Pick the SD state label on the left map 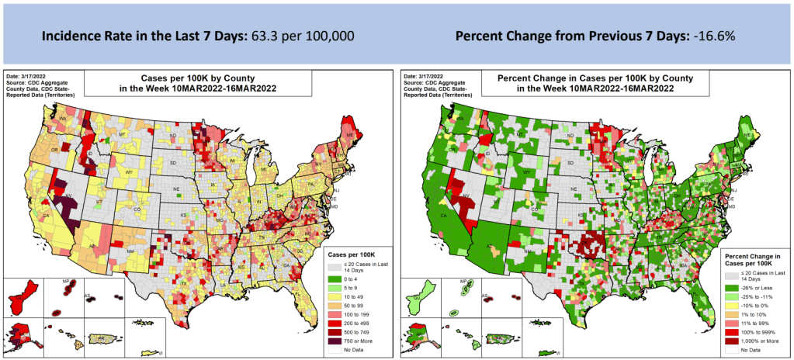[173, 164]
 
